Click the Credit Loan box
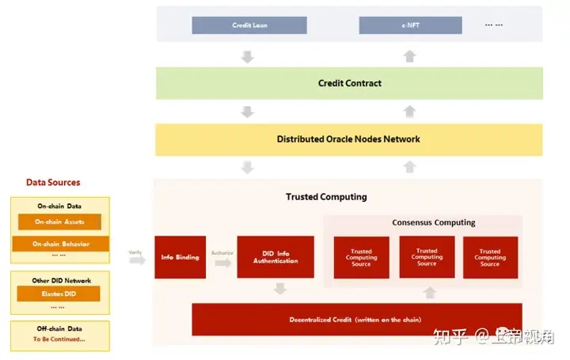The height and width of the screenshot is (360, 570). click(x=249, y=25)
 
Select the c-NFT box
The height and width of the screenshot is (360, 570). click(x=409, y=25)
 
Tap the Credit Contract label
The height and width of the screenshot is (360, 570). click(x=349, y=83)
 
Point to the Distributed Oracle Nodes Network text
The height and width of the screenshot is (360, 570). click(x=348, y=139)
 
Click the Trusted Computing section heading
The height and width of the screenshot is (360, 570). click(x=326, y=196)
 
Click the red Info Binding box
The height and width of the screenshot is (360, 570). click(x=180, y=256)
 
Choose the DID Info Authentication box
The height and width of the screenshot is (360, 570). click(x=275, y=256)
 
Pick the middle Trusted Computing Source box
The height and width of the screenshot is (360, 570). click(x=427, y=256)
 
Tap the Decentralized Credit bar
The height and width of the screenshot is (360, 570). click(x=356, y=319)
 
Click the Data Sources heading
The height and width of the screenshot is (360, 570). click(x=53, y=182)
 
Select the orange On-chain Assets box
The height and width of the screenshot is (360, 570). click(x=59, y=222)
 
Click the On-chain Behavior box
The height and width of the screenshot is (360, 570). click(x=60, y=244)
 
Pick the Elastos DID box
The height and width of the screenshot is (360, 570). click(x=60, y=294)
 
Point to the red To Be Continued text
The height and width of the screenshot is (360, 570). click(x=59, y=339)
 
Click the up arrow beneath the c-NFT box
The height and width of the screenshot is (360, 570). click(x=409, y=55)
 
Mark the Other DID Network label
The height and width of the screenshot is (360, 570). click(x=59, y=280)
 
